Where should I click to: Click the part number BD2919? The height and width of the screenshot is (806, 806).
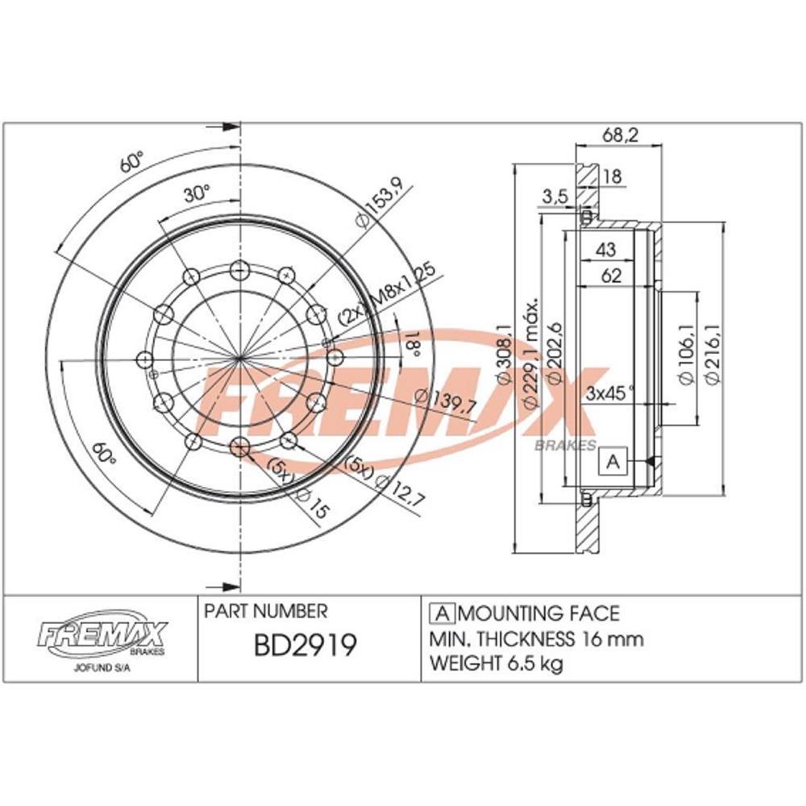tap(305, 647)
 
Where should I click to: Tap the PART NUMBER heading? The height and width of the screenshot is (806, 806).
tap(266, 612)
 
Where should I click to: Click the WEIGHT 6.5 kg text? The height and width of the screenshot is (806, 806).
tap(496, 665)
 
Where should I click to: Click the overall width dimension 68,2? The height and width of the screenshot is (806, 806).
tap(620, 136)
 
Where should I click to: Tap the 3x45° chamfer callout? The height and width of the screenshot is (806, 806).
tap(610, 394)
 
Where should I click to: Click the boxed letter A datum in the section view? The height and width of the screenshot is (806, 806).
tap(613, 462)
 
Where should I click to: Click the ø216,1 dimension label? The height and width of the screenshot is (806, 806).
tap(713, 355)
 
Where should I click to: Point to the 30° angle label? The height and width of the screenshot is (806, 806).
tap(196, 193)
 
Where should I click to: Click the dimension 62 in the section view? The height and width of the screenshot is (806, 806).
tap(610, 276)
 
